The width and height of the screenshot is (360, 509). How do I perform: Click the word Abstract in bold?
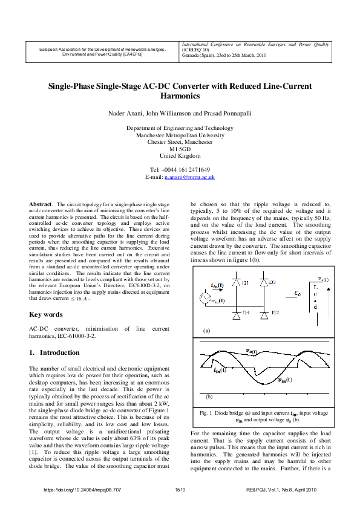[41, 207]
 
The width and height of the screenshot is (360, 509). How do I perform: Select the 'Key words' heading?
[46, 314]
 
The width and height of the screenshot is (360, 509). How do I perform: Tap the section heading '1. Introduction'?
[54, 352]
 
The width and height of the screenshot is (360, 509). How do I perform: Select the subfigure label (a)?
[206, 331]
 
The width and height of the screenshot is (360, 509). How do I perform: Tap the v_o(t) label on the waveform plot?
[251, 351]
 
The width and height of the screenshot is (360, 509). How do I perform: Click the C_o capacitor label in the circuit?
[297, 293]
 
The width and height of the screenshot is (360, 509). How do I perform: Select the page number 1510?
[180, 490]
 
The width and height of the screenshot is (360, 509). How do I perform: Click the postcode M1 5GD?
[180, 149]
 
